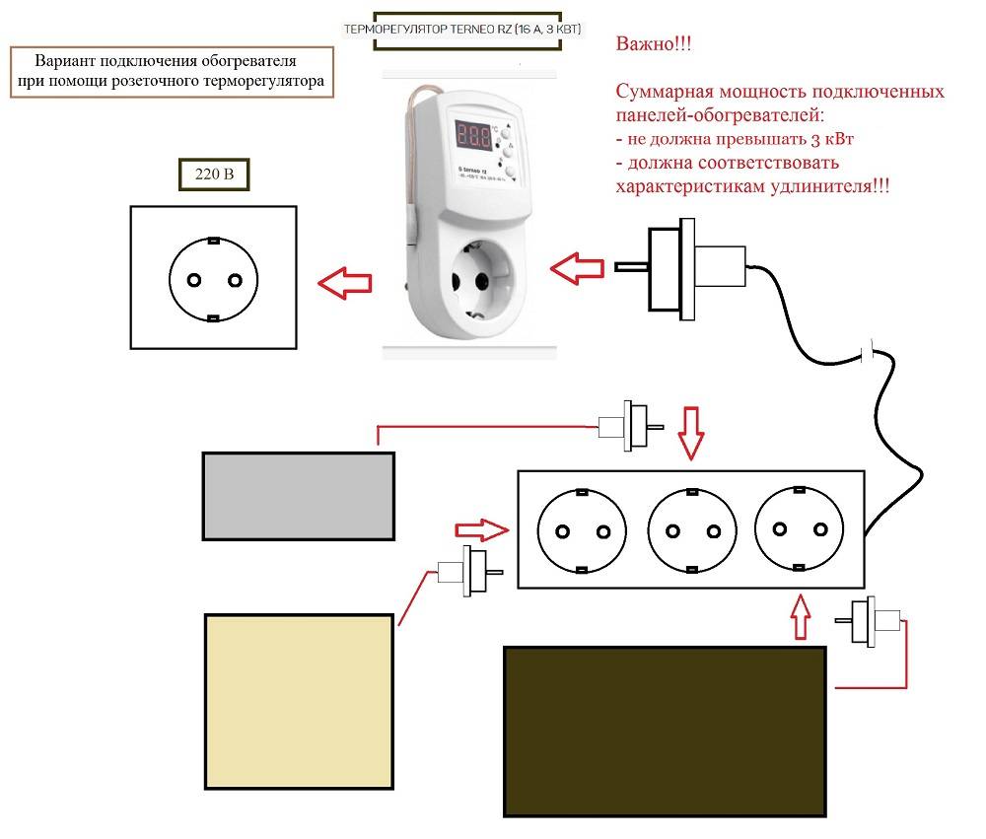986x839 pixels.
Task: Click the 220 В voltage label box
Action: click(213, 175)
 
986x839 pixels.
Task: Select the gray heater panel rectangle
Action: click(299, 496)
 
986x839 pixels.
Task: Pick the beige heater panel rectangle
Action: click(300, 701)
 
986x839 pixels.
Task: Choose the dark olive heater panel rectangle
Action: click(665, 731)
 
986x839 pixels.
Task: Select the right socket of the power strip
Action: click(799, 530)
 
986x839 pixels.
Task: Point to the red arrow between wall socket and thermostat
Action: click(345, 284)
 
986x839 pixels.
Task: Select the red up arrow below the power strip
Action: click(800, 617)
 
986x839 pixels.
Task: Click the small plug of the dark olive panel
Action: click(870, 620)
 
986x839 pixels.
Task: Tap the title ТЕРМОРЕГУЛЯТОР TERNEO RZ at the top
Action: click(462, 31)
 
